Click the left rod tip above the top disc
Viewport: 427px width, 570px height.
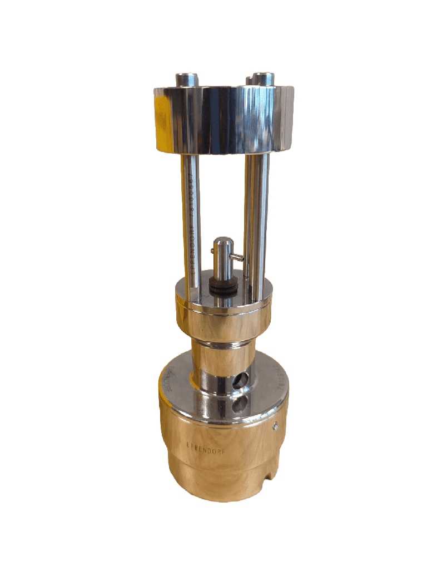point(187,79)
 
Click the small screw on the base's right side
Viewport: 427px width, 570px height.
point(276,427)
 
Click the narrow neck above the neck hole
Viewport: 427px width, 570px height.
point(222,356)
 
